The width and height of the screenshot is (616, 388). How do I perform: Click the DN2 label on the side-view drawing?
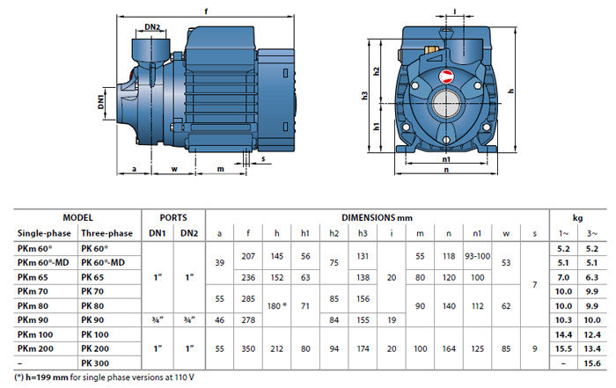pos(152,27)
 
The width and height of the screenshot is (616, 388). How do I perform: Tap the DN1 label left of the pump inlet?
pos(102,102)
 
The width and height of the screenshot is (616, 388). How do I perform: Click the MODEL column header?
pos(77,217)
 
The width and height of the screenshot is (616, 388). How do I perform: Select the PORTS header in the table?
pos(173,217)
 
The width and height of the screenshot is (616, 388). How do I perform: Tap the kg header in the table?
pos(578,217)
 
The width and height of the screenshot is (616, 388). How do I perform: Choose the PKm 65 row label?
pos(33,276)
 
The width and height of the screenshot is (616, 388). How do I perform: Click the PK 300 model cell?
pos(98,362)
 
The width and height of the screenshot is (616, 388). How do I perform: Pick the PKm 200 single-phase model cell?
pos(37,348)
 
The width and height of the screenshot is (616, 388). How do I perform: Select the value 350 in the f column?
pos(248,348)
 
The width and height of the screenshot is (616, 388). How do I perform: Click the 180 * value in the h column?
pos(278,305)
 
